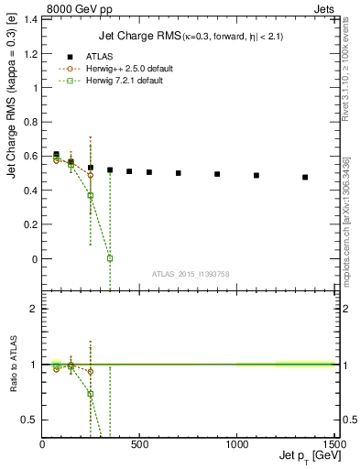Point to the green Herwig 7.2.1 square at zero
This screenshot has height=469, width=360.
[x=110, y=258]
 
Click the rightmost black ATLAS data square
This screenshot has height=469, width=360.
[x=305, y=177]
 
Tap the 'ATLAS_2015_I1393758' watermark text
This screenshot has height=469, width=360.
[x=191, y=273]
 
